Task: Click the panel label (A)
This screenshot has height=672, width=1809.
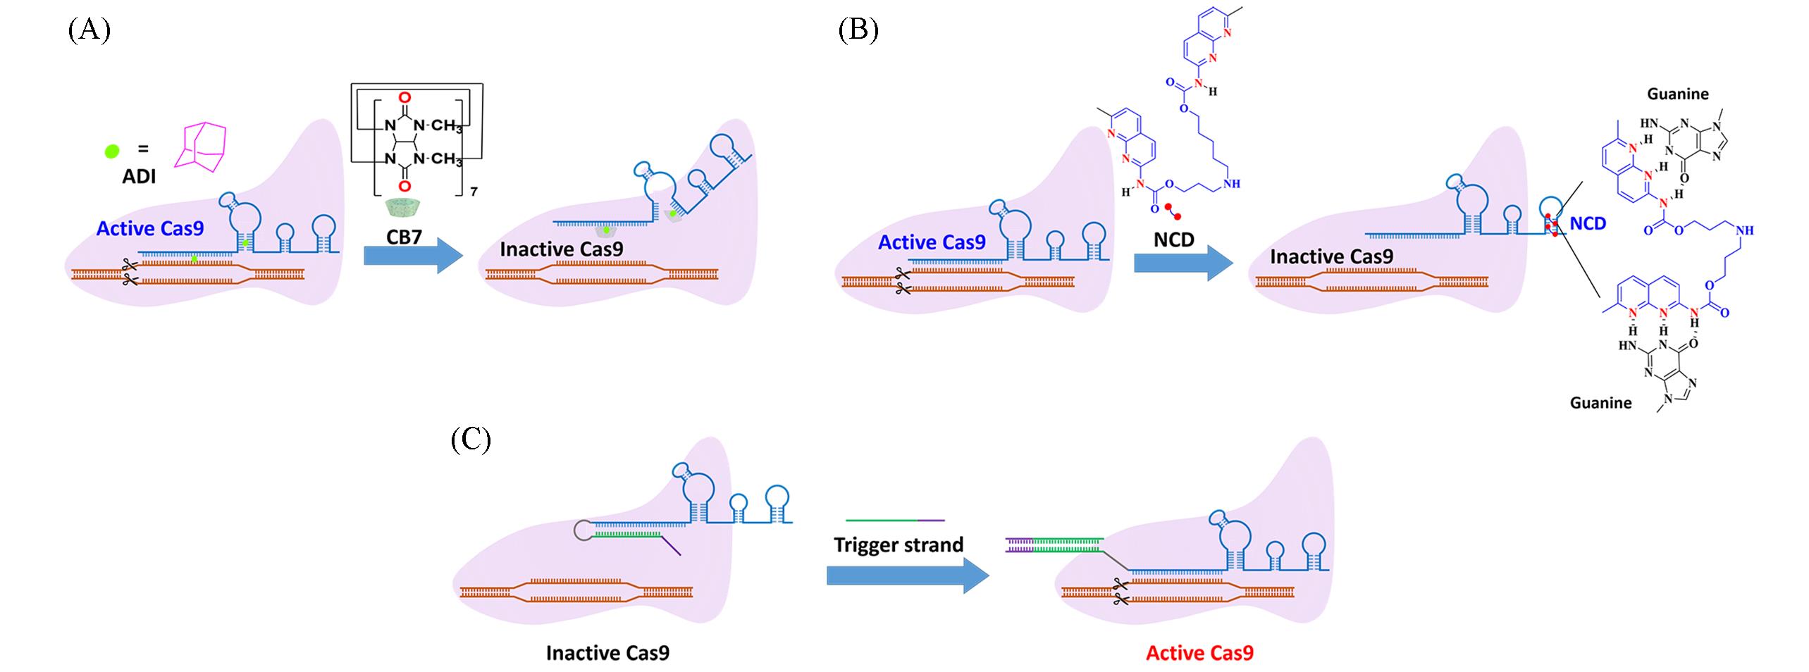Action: (x=89, y=31)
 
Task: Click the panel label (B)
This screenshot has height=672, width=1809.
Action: (x=858, y=31)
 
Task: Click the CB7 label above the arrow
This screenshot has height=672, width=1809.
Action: (x=404, y=237)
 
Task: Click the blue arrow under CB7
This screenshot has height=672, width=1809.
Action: (x=412, y=256)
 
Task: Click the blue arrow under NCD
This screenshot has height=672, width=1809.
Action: (x=1183, y=263)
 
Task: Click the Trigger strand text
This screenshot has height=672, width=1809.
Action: (x=899, y=545)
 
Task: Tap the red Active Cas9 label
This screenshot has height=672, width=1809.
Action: (x=1199, y=652)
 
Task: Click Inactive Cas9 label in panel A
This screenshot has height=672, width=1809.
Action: (x=562, y=249)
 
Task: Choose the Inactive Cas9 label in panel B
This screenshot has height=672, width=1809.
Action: (x=1332, y=256)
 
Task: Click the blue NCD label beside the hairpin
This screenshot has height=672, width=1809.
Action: (x=1588, y=223)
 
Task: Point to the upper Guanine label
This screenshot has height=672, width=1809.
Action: (x=1677, y=94)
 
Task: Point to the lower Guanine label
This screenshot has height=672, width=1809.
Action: (x=1600, y=402)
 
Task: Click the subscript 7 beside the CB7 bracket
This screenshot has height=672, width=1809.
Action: (x=474, y=191)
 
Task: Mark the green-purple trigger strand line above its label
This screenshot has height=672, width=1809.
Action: (x=895, y=520)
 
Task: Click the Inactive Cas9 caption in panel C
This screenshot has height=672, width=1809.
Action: (x=607, y=652)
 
